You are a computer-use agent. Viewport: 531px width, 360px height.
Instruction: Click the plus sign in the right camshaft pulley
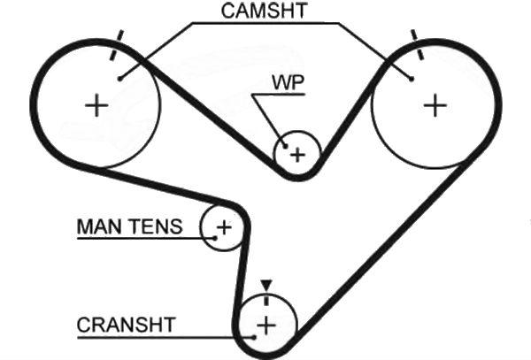435,105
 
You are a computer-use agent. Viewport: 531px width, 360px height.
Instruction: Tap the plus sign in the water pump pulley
297,156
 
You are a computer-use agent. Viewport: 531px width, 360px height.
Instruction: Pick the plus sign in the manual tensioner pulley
224,227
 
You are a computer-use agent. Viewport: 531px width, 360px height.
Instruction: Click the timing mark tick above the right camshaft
416,42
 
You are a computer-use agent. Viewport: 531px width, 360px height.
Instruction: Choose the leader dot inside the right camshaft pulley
412,79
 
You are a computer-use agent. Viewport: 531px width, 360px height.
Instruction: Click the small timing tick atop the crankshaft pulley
265,297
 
